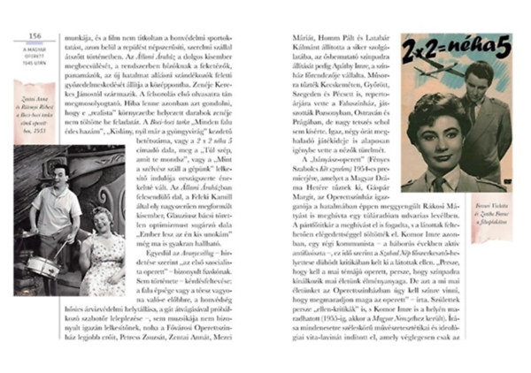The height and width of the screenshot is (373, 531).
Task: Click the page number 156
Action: tap(36, 36)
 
